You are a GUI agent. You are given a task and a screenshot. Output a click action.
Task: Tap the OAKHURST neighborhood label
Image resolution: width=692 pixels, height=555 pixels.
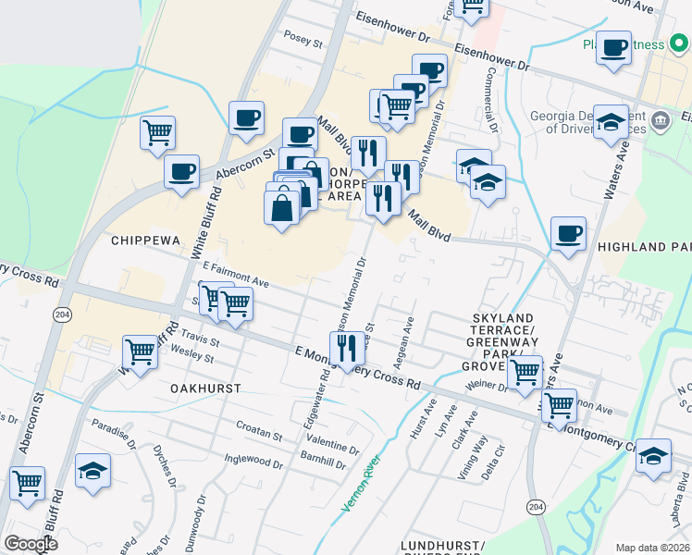pyautogui.click(x=206, y=389)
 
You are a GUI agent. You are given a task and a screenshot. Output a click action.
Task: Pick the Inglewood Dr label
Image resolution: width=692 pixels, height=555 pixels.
pyautogui.click(x=253, y=459)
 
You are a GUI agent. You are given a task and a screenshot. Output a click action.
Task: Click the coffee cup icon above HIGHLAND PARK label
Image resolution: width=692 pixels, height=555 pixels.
pyautogui.click(x=568, y=233)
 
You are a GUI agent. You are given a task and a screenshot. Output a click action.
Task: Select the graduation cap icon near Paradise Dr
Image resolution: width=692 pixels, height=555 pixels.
pyautogui.click(x=93, y=469)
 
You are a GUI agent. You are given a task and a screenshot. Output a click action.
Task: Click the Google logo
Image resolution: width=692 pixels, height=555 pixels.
pyautogui.click(x=30, y=544)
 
